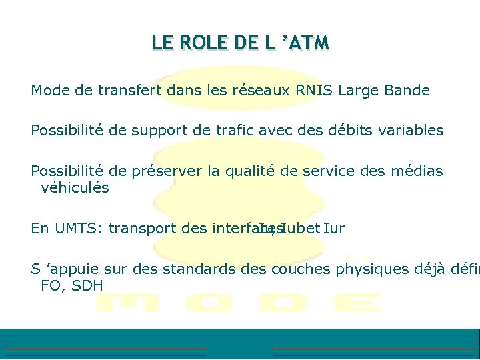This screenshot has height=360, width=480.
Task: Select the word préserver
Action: tap(171, 171)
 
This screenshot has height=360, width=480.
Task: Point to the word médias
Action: tap(417, 171)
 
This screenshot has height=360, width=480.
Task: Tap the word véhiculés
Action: tap(75, 188)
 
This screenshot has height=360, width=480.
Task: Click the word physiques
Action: tap(372, 269)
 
